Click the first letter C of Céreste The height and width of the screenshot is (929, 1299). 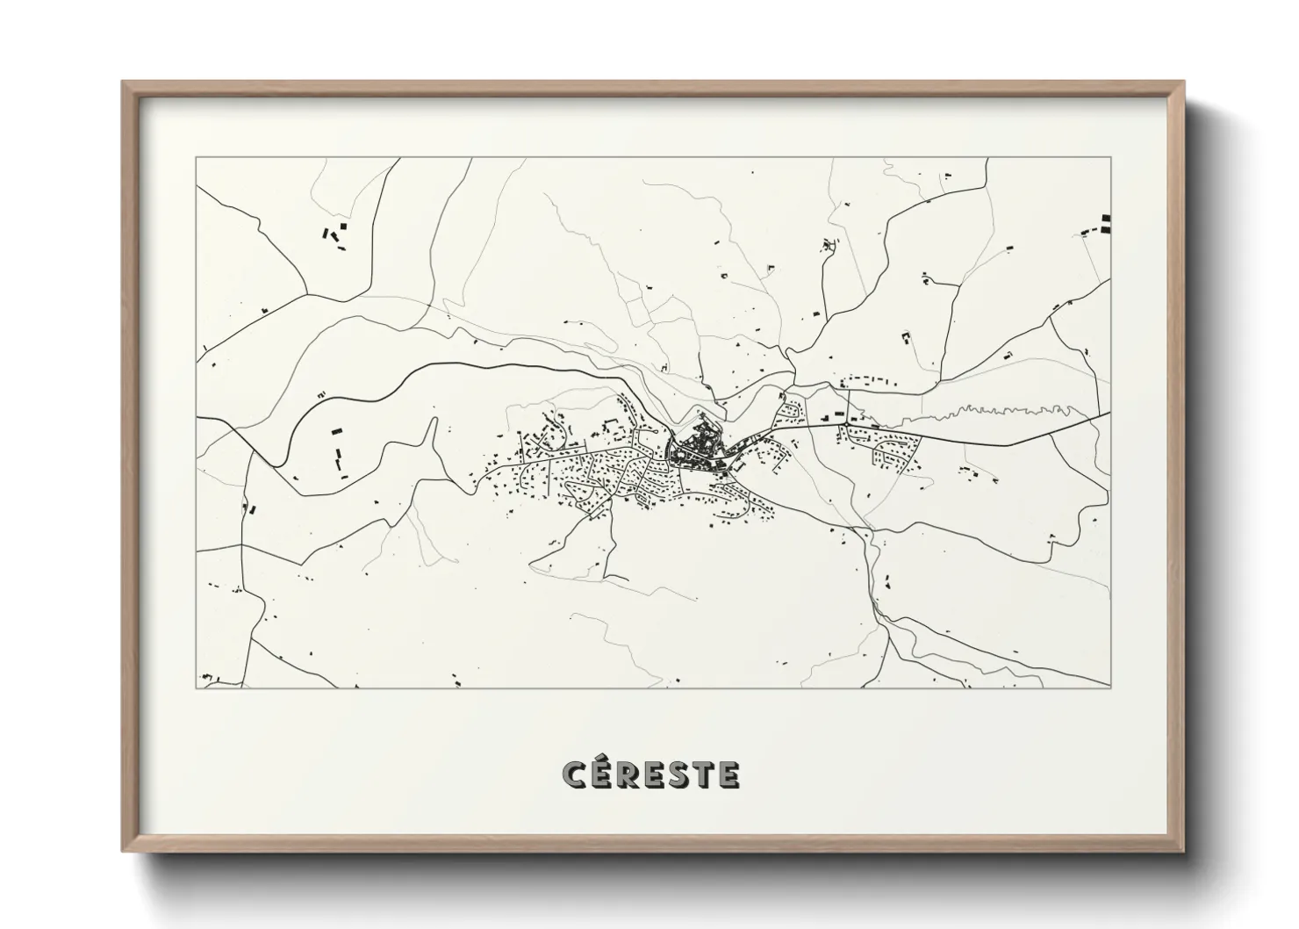574,774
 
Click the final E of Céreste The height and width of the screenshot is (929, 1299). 728,774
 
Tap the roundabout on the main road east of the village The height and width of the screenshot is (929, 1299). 844,423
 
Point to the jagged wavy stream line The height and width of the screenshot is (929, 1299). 1018,409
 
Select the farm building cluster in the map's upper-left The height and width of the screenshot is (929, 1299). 334,234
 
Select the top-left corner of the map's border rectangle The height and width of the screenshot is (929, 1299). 197,159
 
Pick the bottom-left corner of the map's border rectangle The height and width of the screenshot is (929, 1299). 197,688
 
